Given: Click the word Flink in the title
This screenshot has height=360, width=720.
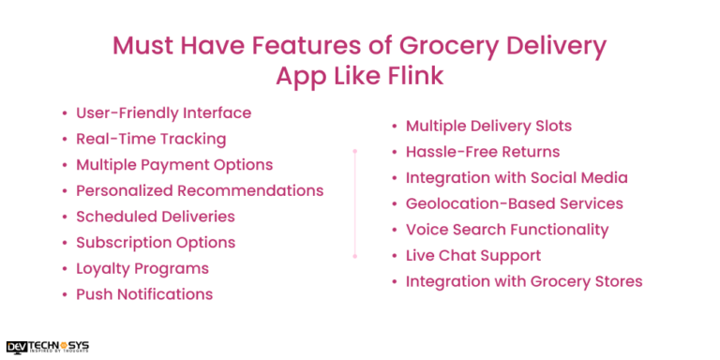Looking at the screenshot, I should click(410, 76).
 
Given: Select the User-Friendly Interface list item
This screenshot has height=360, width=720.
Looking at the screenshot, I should click(163, 113).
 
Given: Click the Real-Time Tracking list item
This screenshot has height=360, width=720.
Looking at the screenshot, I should click(151, 139).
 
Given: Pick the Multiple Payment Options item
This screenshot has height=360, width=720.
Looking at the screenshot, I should click(174, 165).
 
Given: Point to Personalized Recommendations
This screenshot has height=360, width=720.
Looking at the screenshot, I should click(200, 190).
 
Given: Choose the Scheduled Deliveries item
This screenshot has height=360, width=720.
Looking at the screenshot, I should click(155, 217).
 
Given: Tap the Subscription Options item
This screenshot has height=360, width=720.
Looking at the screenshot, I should click(155, 242).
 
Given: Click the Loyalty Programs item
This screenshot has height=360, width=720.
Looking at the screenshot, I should click(142, 268).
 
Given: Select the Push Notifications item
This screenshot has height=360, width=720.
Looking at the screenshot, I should click(144, 294).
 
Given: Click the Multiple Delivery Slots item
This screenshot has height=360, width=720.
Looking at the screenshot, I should click(488, 126).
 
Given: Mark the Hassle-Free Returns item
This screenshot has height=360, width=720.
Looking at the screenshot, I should click(482, 152).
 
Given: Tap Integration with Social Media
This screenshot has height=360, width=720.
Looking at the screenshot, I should click(517, 177).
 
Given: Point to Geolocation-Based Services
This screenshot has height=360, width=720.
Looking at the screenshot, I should click(514, 203).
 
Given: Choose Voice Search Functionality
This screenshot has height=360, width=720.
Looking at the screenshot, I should click(507, 229).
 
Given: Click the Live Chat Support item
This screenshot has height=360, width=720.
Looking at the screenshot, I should click(473, 255).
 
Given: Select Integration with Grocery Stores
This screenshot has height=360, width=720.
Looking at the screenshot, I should click(524, 281).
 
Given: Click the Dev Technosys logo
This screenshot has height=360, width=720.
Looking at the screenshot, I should click(47, 346).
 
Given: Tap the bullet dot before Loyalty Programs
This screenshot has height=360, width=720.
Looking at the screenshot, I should click(64, 269).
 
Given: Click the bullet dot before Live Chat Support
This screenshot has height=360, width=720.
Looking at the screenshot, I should click(394, 256).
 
